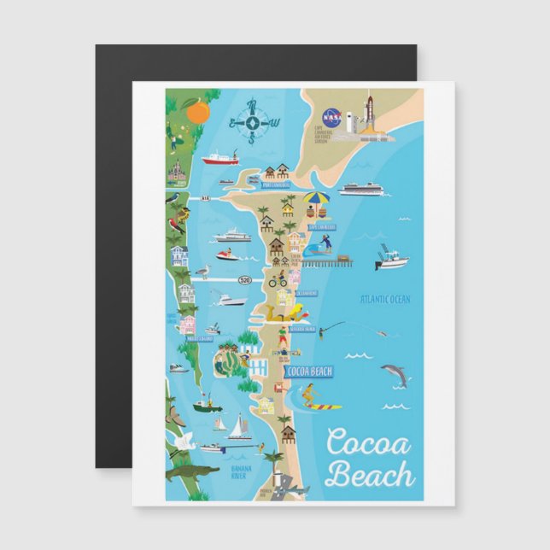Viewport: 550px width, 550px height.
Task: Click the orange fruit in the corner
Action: [x=197, y=111]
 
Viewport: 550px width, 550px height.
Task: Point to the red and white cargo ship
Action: [x=220, y=158]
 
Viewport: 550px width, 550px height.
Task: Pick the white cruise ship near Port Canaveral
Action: [x=363, y=189]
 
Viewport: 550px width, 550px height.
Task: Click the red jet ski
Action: [x=227, y=254]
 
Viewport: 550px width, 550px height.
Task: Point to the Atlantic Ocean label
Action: [x=385, y=299]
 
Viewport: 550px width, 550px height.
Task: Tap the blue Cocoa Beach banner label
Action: [x=309, y=372]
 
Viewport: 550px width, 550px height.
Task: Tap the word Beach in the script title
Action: [x=371, y=475]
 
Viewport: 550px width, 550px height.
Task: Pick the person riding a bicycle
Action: [x=278, y=278]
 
